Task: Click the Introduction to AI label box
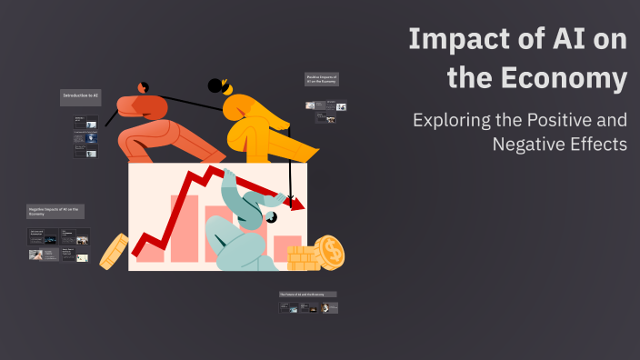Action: tap(81, 95)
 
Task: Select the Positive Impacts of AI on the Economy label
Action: tap(322, 79)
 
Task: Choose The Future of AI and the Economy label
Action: tap(307, 295)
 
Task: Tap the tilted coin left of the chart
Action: tap(114, 251)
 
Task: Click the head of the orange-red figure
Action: tap(143, 87)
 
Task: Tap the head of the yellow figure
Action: tap(218, 86)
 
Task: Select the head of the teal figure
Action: tap(271, 219)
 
